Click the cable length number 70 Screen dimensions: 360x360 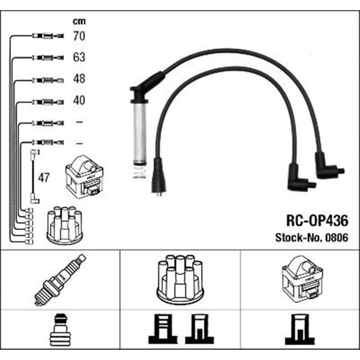click(79, 36)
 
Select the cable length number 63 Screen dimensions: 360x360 click(79, 58)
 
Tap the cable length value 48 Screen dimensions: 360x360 click(79, 79)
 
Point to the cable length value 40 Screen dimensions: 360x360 click(79, 100)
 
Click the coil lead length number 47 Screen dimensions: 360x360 click(44, 178)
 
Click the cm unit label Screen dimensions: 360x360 click(79, 22)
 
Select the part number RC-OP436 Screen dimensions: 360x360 click(317, 221)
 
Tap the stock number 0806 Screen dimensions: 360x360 click(337, 238)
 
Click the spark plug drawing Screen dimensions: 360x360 click(60, 280)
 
